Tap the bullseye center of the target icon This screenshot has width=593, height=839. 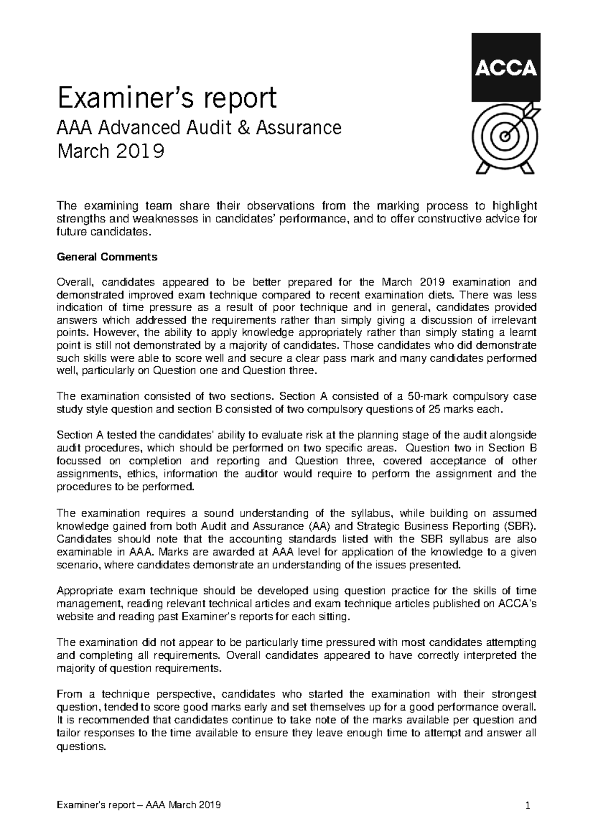(x=505, y=134)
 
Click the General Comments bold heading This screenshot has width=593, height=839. (x=107, y=257)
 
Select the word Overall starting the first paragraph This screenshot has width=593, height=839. (x=75, y=283)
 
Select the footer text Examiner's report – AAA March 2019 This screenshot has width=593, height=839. (x=138, y=806)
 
